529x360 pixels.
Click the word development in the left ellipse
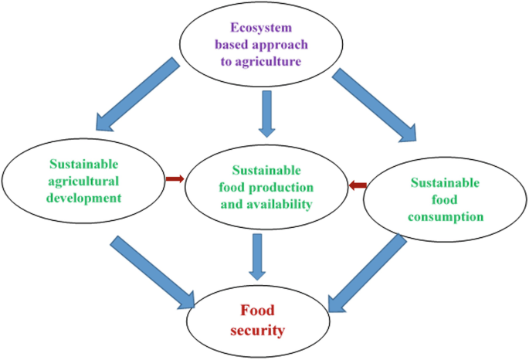coord(86,197)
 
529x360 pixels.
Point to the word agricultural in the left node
coord(86,181)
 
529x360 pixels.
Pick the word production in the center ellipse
coord(280,188)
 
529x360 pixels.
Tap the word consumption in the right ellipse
coord(447,216)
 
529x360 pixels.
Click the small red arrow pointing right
coord(175,179)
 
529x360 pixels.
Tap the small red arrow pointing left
coord(356,185)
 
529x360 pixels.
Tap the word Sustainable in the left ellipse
coord(86,164)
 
